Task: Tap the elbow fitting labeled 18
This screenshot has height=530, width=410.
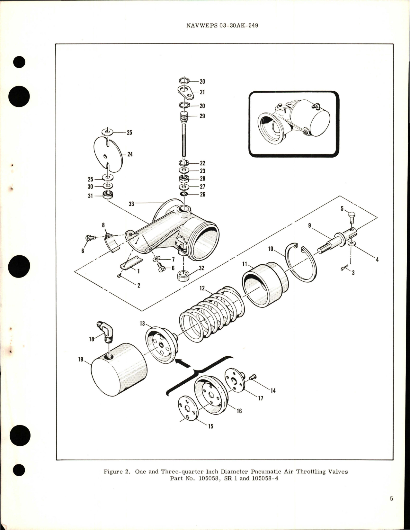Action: click(105, 332)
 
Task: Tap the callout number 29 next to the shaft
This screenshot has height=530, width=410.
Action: click(202, 116)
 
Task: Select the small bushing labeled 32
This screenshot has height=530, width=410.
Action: click(183, 276)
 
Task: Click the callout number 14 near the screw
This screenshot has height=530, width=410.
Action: click(273, 391)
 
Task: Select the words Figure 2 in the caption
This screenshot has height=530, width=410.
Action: click(115, 472)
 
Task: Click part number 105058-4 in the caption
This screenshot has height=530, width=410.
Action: click(265, 478)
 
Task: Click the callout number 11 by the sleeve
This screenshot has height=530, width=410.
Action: click(245, 264)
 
